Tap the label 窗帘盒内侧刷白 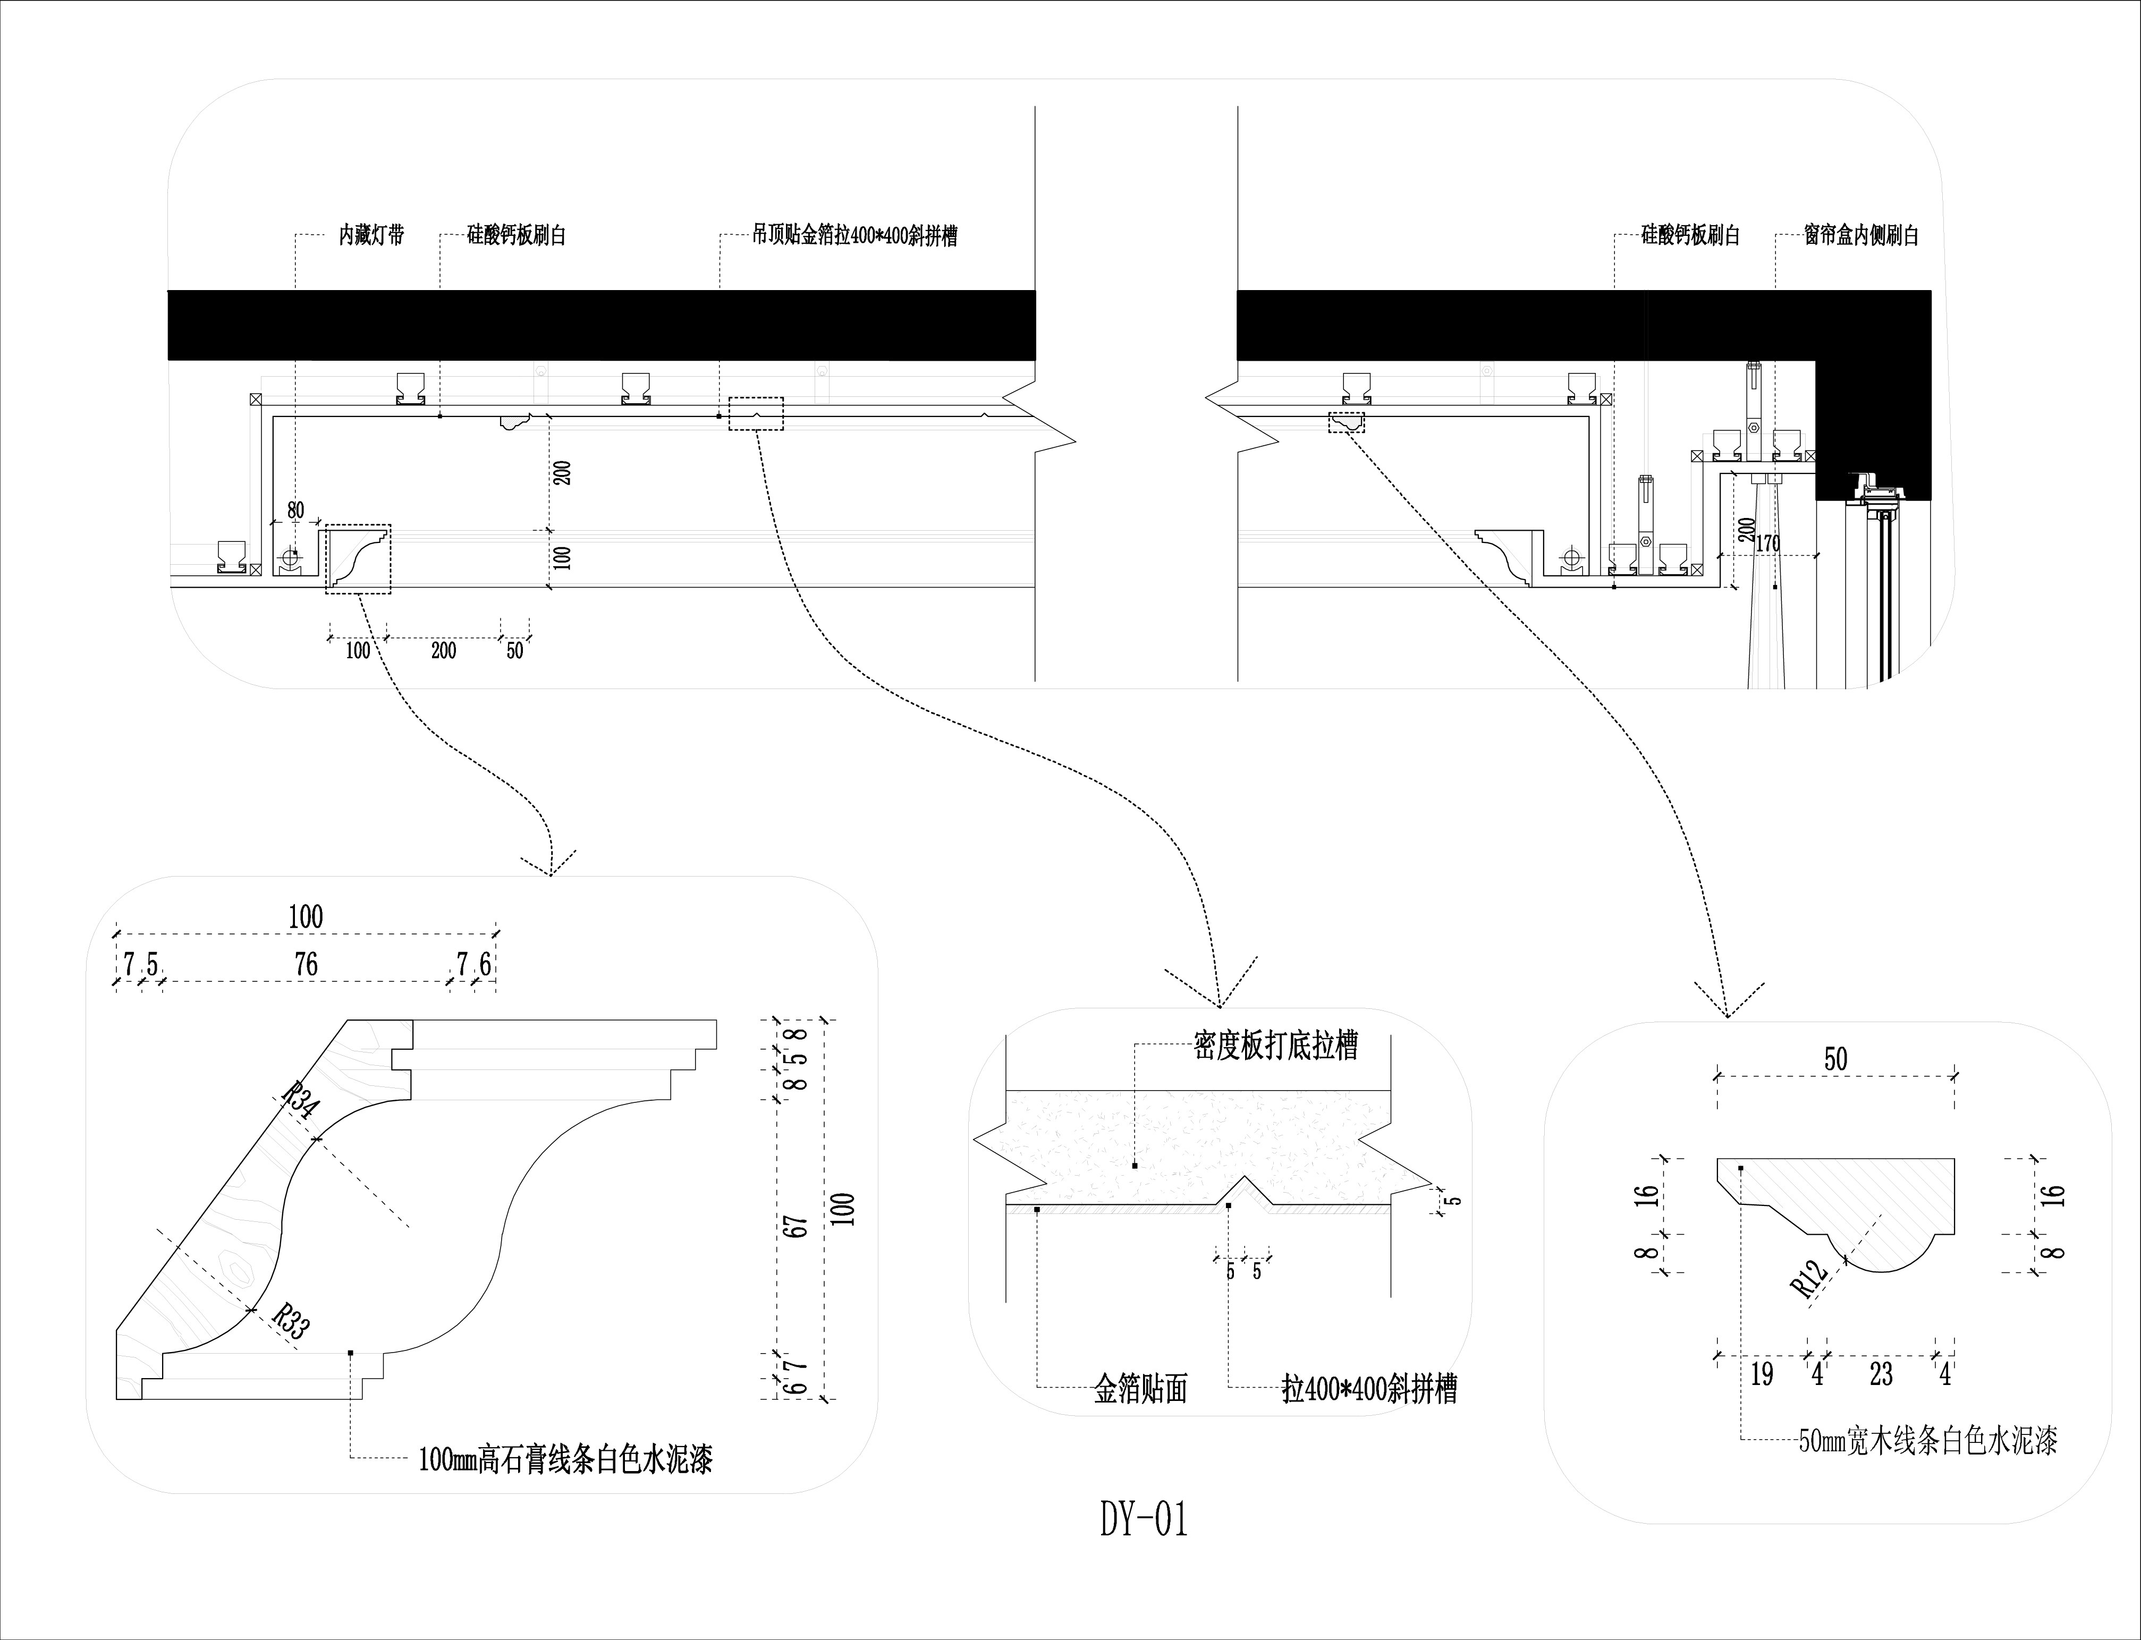coord(1861,235)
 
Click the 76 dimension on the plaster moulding coord(306,964)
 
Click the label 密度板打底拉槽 coord(1275,1047)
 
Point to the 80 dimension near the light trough coord(295,509)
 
